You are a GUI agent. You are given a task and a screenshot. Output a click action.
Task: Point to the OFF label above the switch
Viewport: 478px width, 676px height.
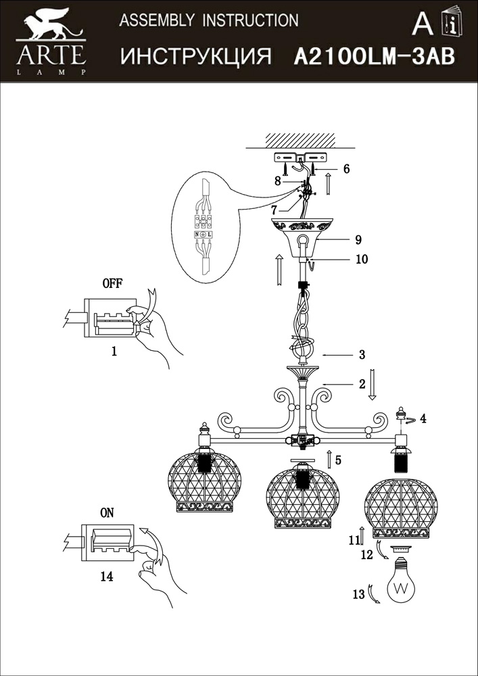[112, 283]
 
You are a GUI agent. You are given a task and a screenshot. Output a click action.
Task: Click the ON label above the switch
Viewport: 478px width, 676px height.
[107, 512]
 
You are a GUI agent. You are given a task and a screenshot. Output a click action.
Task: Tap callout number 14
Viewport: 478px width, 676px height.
[107, 576]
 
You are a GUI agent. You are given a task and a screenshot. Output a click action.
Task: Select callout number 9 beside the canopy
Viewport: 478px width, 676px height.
[358, 239]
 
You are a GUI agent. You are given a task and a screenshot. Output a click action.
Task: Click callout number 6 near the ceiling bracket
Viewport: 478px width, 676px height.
[346, 169]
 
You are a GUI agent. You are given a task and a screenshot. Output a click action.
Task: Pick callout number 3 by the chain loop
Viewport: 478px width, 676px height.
[362, 354]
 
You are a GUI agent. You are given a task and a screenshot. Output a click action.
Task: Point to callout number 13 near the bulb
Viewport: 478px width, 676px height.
[358, 595]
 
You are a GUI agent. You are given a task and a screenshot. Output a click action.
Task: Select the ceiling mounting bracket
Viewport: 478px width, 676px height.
[300, 159]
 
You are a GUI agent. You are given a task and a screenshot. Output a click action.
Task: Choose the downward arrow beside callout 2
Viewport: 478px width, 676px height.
[378, 384]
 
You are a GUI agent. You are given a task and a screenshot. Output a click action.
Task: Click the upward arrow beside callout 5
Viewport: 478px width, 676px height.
[329, 460]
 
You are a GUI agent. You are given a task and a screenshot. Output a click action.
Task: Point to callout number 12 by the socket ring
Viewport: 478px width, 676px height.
[366, 555]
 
